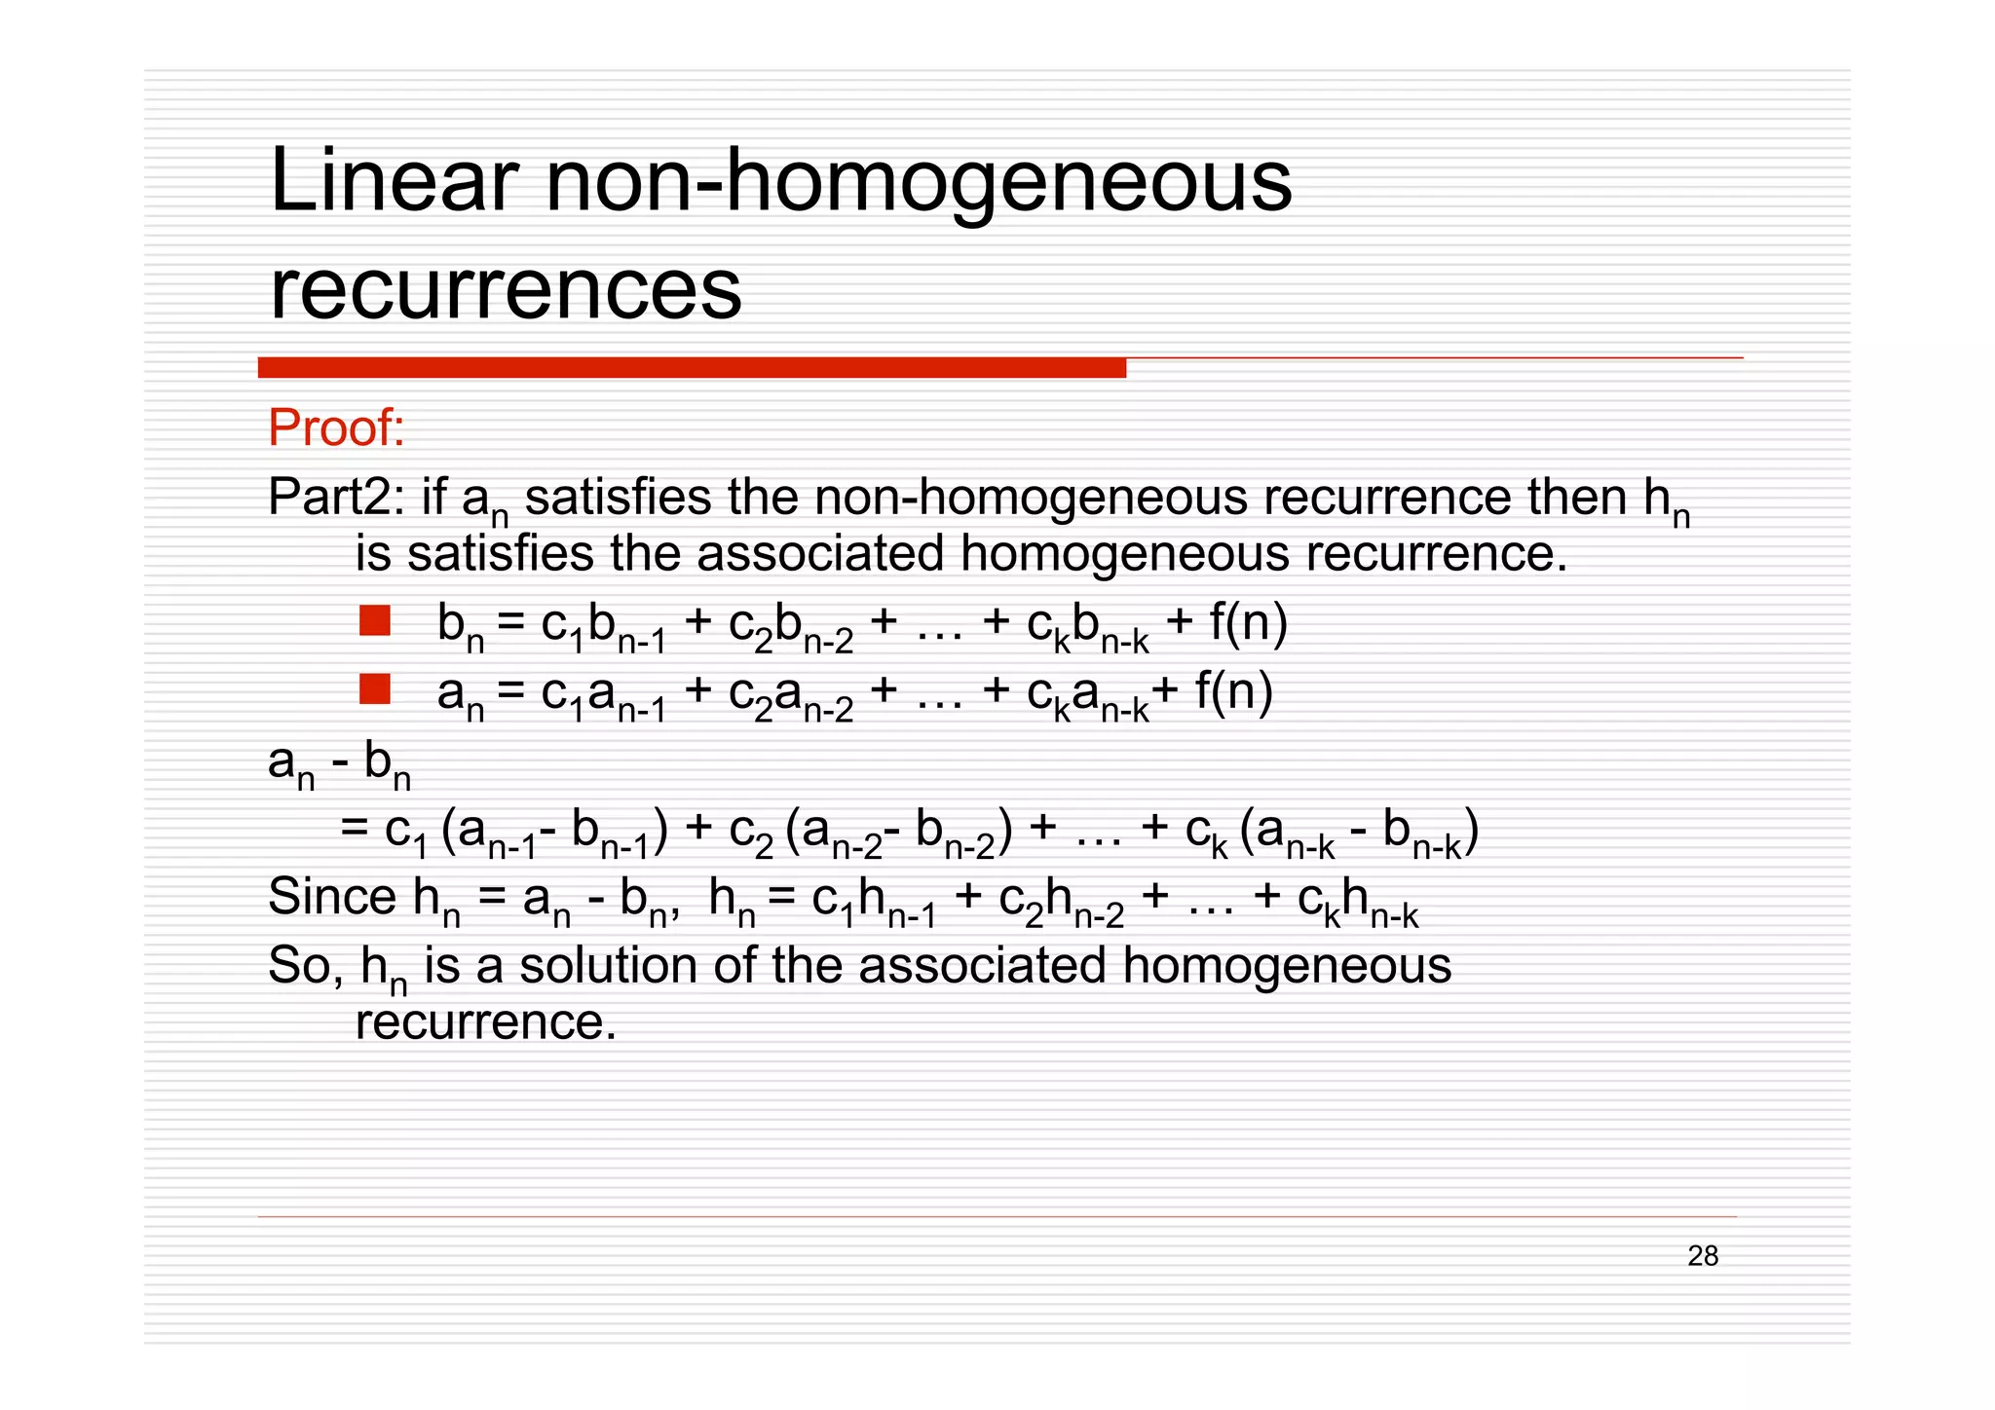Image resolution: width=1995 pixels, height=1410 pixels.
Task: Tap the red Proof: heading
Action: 336,427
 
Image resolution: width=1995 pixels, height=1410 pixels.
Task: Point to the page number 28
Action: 1703,1256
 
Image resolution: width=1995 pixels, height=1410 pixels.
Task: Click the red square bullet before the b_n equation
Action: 375,621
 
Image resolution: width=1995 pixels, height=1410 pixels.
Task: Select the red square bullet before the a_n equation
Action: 375,689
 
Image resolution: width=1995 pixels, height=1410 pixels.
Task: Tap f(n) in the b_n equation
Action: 1248,622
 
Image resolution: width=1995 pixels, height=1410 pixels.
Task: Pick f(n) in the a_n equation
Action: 1234,691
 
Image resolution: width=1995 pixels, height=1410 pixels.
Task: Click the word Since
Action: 331,896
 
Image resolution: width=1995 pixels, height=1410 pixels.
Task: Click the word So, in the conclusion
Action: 305,966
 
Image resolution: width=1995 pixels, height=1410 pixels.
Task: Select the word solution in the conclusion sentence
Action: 609,966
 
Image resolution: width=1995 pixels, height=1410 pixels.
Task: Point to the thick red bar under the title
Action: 692,368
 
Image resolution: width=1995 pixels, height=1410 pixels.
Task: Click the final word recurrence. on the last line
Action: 486,1022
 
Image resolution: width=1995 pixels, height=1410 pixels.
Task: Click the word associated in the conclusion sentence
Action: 982,966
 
